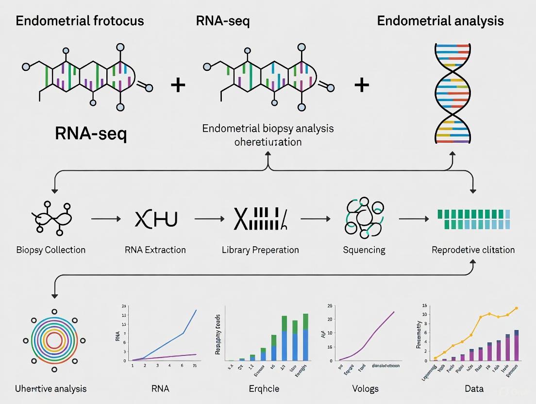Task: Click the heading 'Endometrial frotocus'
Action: point(80,21)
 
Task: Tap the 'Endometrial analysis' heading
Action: point(440,21)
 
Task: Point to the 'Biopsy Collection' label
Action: point(50,250)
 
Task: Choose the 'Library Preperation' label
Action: point(260,250)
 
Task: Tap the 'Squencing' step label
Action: point(364,250)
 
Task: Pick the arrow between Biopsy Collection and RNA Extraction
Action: point(106,219)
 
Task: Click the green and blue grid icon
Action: point(474,219)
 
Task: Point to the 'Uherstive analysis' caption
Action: point(50,388)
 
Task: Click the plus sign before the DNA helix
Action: point(362,85)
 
